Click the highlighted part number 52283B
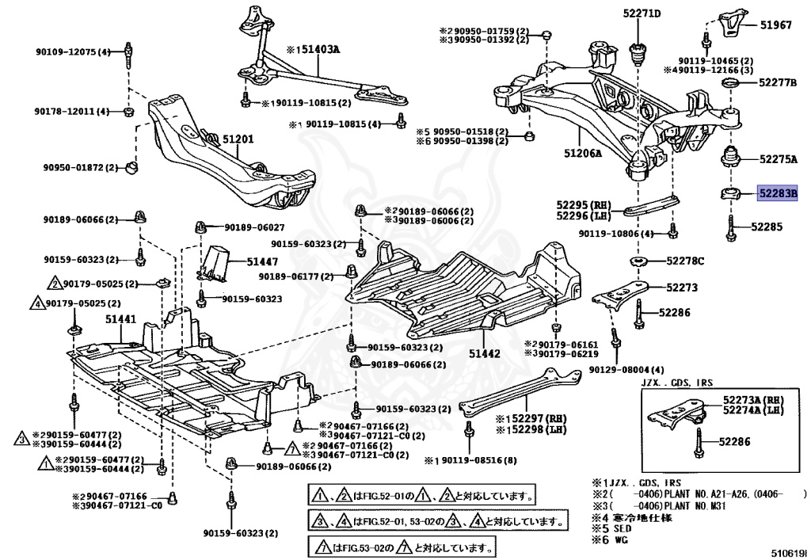778,192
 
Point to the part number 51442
483,352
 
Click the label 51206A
583,154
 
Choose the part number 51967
775,25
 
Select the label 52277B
777,82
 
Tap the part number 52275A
778,159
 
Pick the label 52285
767,227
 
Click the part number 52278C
685,261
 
